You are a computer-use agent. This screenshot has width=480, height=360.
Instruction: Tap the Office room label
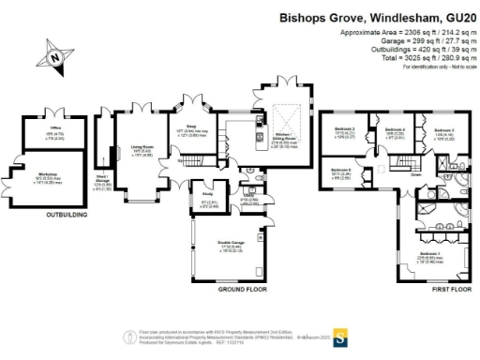tap(55, 133)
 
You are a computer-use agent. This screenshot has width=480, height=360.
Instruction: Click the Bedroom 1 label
tap(430, 254)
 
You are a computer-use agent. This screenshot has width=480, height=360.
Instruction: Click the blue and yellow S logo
tap(342, 337)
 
